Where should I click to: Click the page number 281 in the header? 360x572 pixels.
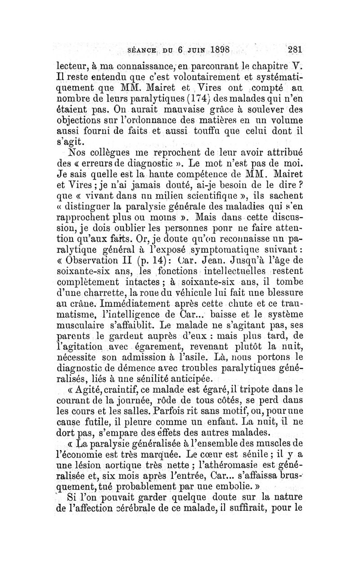292,50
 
